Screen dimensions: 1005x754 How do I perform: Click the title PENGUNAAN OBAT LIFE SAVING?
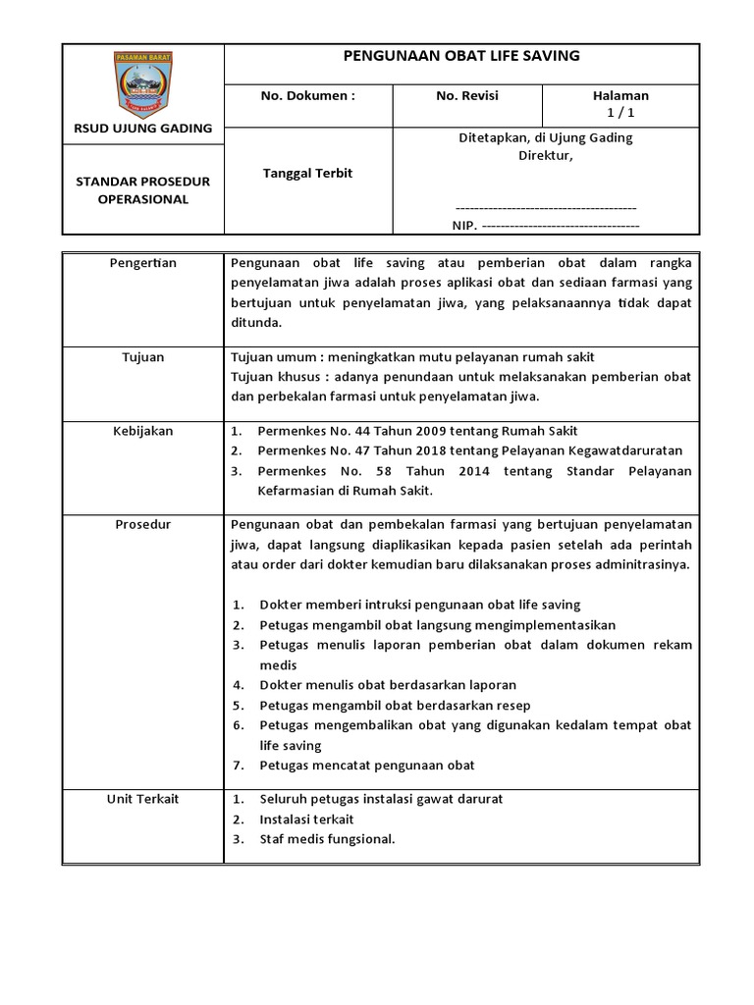point(461,56)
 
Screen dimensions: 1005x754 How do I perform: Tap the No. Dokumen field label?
point(307,96)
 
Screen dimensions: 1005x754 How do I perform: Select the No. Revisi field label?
point(467,96)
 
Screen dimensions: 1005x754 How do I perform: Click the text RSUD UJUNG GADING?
point(143,128)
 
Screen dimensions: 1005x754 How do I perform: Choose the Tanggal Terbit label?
point(307,173)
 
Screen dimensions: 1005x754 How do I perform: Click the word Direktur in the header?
point(546,155)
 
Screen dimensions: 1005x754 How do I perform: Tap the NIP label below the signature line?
point(462,226)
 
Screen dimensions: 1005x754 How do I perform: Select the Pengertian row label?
point(143,263)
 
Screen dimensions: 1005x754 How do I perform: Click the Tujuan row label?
point(143,357)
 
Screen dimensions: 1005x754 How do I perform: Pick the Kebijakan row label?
point(143,431)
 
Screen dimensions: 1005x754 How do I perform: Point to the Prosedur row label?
point(143,525)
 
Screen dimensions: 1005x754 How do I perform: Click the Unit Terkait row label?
point(143,799)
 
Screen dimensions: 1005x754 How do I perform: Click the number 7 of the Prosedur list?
point(238,766)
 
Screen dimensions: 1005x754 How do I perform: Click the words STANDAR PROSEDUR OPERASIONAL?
point(143,190)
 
